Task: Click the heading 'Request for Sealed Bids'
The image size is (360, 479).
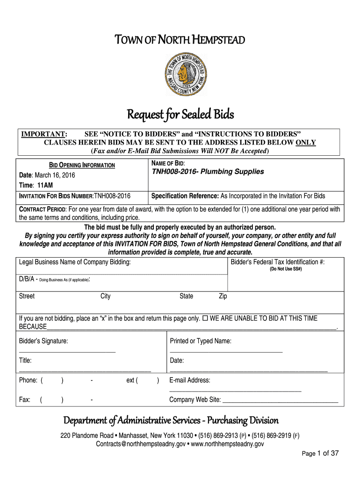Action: coord(180,114)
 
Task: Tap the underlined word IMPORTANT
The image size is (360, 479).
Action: coord(44,134)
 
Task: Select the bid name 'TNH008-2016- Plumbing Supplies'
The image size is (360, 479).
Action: coord(208,172)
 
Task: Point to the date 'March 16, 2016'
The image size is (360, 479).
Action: coord(56,175)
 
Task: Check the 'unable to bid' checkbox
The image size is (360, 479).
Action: coord(205,319)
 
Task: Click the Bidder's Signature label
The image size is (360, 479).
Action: coord(43,341)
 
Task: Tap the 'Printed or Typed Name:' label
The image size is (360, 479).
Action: coord(201,341)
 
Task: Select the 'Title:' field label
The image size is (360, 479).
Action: coord(25,361)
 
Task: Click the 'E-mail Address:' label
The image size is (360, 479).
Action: coord(190,380)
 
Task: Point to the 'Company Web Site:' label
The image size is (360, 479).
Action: coord(195,399)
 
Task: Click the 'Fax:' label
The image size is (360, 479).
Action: coord(25,399)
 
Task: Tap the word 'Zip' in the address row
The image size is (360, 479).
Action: coord(223,296)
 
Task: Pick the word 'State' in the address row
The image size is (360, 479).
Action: coord(186,296)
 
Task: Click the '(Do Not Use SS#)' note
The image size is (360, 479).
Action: coord(285,269)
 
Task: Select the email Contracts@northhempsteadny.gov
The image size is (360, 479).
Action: coord(140,444)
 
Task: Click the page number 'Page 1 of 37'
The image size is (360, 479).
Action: coord(320,453)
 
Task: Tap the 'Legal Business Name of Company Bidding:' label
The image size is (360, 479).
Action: coord(75,262)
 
